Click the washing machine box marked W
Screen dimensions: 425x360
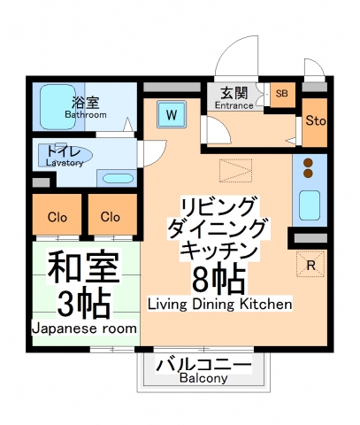(172, 114)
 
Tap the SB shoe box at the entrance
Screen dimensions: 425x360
(281, 94)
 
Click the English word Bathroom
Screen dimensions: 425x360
(86, 115)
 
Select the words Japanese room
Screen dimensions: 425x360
(85, 328)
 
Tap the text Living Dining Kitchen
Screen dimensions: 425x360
(219, 305)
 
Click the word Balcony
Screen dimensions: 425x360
(203, 378)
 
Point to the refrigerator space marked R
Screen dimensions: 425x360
(310, 263)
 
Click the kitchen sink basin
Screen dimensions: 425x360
(310, 205)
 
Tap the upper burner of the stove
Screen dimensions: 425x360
(310, 163)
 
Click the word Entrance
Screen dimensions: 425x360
(234, 106)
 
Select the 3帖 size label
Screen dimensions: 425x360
(85, 301)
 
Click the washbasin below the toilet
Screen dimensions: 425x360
(115, 178)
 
